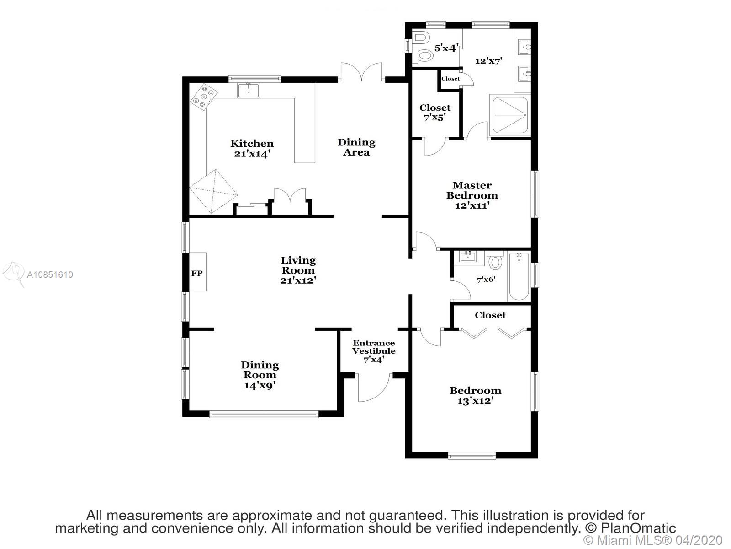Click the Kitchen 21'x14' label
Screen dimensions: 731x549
tap(252, 149)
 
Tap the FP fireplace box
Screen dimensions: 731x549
tap(197, 272)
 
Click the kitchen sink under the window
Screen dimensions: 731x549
tap(248, 90)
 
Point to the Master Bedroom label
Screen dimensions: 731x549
tap(472, 195)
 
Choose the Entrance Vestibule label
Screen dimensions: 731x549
tap(374, 351)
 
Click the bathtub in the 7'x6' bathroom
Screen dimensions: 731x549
tap(519, 277)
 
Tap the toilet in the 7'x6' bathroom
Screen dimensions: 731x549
tap(495, 260)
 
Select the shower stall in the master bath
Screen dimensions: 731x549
tap(510, 115)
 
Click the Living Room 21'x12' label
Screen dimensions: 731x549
tap(298, 270)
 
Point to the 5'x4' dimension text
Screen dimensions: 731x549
tap(446, 48)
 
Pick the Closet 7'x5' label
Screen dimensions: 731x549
tap(435, 113)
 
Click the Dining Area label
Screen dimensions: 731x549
tap(356, 147)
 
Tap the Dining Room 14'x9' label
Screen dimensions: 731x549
tap(260, 375)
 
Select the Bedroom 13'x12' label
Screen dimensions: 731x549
tap(475, 395)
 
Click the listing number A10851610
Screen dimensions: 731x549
tap(50, 274)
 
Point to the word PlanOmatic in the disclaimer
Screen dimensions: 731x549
tap(638, 528)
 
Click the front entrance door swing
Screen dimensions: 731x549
tap(374, 388)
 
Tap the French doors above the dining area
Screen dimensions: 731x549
tap(362, 72)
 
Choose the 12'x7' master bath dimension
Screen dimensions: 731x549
tap(488, 61)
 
